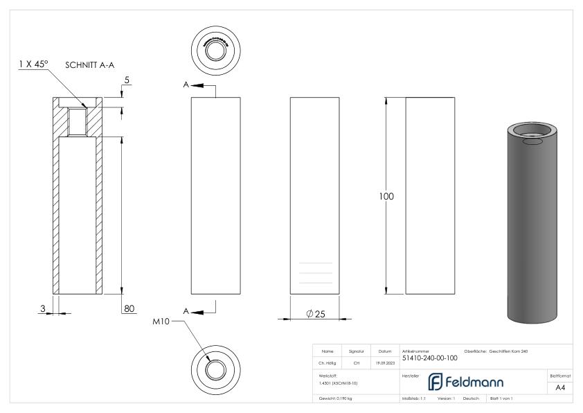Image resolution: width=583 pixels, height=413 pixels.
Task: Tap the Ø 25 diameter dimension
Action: [x=315, y=314]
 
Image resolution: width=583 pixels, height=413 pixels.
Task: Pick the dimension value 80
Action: [x=129, y=308]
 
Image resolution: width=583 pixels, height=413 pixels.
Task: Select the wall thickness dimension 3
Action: [x=43, y=308]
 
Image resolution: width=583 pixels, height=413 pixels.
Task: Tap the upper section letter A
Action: [x=186, y=85]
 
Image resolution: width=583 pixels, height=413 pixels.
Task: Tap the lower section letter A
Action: [x=186, y=311]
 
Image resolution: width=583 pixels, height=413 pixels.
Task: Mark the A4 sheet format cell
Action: [x=561, y=389]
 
